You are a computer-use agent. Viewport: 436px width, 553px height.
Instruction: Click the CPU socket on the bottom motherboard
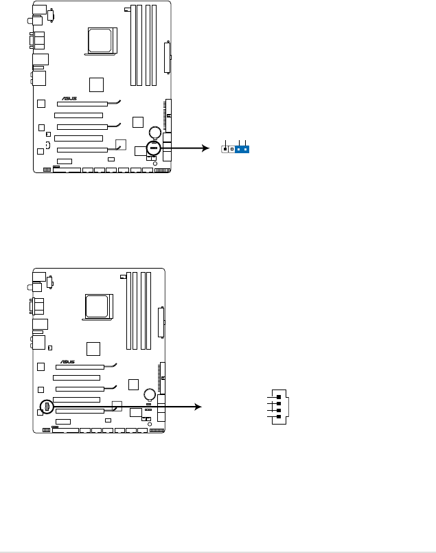pyautogui.click(x=99, y=307)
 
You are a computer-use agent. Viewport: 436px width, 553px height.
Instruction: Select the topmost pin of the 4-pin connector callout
pyautogui.click(x=278, y=397)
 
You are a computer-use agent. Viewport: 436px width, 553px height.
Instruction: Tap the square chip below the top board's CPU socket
pyautogui.click(x=97, y=84)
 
